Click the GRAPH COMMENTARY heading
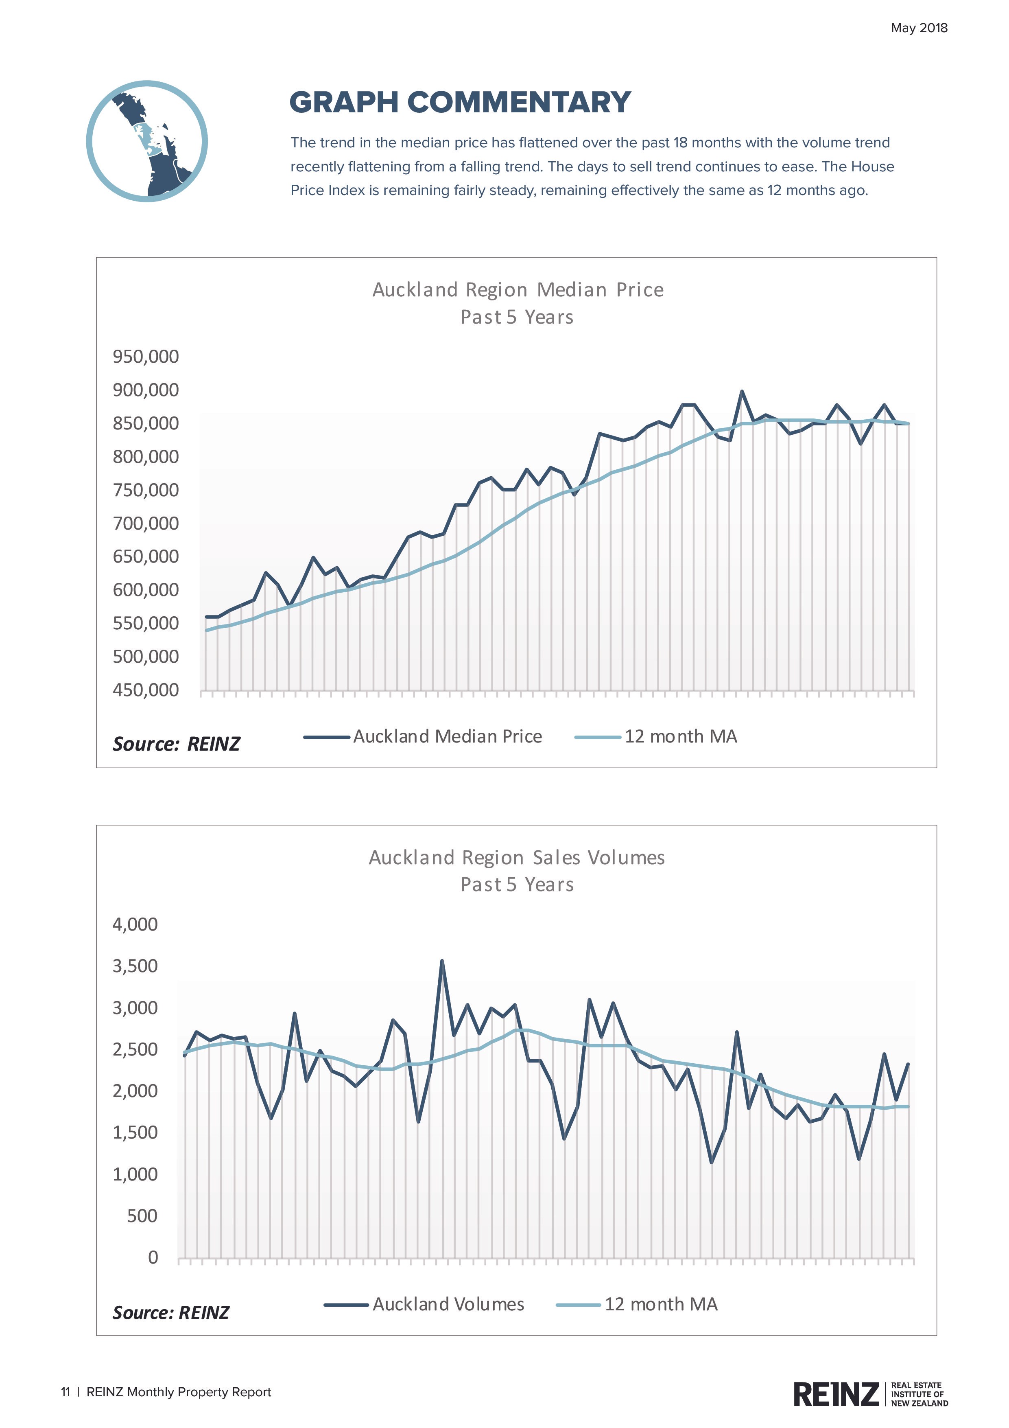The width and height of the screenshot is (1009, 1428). pos(460,103)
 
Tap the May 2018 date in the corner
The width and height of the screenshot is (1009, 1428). pos(918,28)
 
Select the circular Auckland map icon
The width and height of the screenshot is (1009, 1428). pos(147,141)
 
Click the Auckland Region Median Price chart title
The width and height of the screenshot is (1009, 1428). pos(517,290)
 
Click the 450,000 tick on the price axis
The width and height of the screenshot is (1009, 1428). pos(146,690)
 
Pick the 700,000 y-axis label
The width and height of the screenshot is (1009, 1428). pos(146,523)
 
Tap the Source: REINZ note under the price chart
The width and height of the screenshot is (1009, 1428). pos(176,744)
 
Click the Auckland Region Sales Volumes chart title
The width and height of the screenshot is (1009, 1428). pos(517,858)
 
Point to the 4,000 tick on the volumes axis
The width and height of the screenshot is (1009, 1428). pos(135,924)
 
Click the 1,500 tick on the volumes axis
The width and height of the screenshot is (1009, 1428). pos(135,1132)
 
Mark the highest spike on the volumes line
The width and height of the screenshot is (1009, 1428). pos(441,961)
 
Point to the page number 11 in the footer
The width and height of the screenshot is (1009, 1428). pos(65,1392)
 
